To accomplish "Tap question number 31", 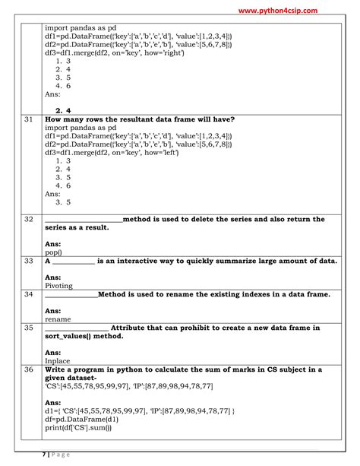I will [x=29, y=119].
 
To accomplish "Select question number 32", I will [x=29, y=219].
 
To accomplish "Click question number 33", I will [x=29, y=260].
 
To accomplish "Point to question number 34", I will [x=29, y=293].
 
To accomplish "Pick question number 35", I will [x=29, y=328].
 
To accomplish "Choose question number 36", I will [x=29, y=369].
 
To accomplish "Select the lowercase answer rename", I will [x=58, y=319].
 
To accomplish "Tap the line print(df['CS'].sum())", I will [x=89, y=427].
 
